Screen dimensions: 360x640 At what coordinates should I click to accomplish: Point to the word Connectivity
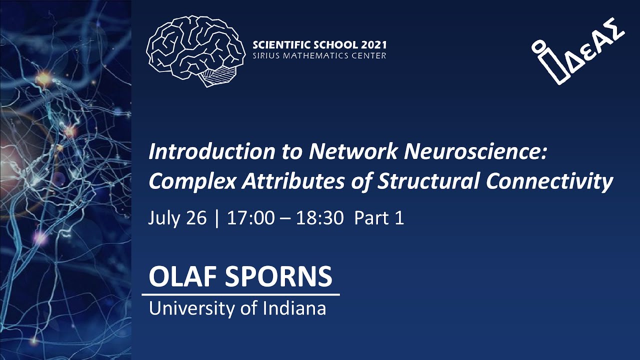pos(549,182)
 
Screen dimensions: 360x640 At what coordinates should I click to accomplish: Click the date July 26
pos(177,218)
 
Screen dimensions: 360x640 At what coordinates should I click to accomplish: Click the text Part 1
pos(379,218)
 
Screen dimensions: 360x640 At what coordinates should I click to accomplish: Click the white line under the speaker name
pos(240,294)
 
